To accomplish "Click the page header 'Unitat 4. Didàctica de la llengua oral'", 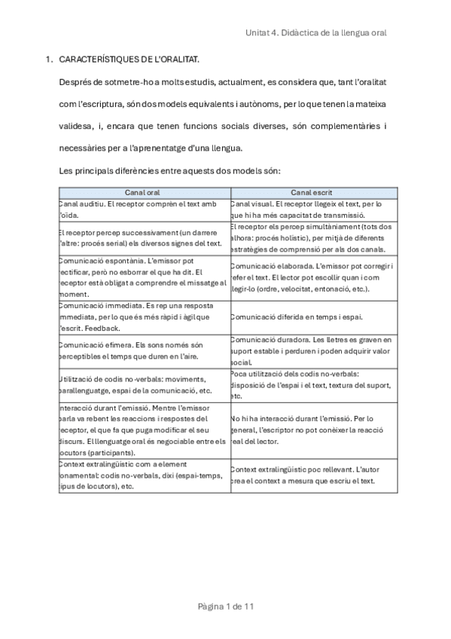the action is point(316,33).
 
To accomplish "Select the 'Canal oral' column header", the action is point(142,193).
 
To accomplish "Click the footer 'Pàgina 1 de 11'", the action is point(225,605).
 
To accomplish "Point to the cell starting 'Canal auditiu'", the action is point(139,209).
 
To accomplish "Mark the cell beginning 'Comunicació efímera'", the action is point(139,350).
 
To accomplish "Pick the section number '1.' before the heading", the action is point(49,58).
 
